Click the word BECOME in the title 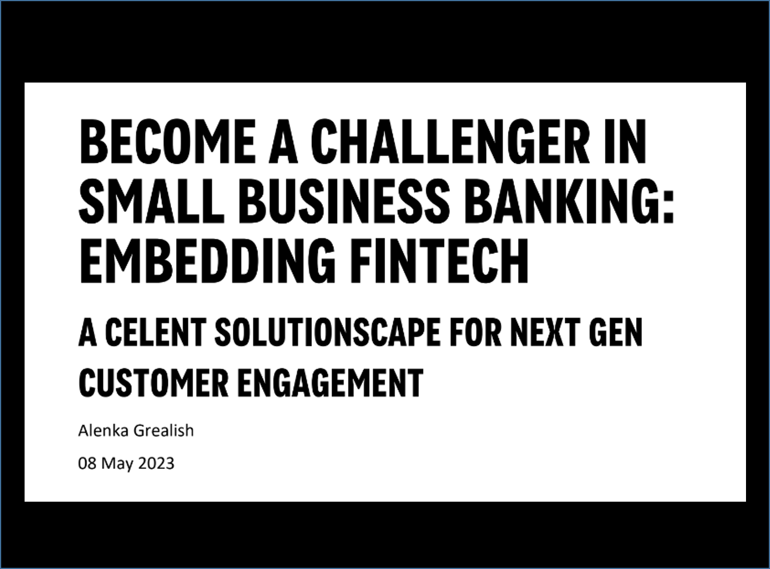tap(168, 142)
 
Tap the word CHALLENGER tap(450, 142)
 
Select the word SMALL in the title tap(152, 201)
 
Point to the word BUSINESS tap(344, 201)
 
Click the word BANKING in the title tap(562, 201)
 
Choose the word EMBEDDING tap(208, 261)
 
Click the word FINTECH tap(439, 261)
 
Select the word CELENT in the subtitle tap(156, 332)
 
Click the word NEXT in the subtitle tap(545, 332)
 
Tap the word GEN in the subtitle tap(616, 332)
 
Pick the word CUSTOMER tap(154, 383)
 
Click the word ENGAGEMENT tap(330, 383)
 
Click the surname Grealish tap(163, 430)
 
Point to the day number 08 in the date tap(87, 464)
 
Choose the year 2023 tap(156, 464)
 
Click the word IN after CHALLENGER tap(625, 142)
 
